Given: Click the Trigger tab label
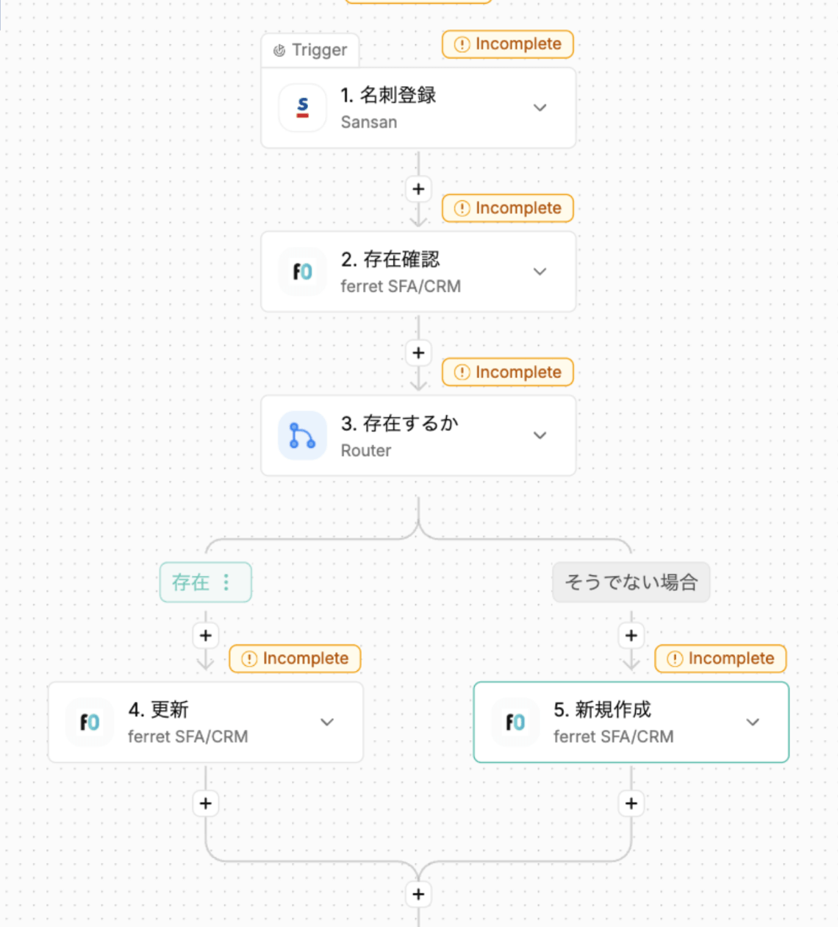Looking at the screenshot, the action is point(310,50).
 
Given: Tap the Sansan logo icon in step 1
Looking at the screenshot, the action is point(302,107).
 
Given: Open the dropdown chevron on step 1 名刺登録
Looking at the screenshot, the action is point(540,107).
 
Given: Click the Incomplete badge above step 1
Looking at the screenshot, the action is point(507,44).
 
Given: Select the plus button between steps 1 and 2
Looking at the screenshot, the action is point(418,189).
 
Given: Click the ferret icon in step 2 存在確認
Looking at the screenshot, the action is point(302,271).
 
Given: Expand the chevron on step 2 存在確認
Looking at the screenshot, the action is point(540,271).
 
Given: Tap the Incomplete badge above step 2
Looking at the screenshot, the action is point(507,208).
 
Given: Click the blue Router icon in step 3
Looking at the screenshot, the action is point(302,436).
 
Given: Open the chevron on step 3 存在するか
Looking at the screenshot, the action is point(540,436).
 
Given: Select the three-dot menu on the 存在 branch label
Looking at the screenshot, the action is point(226,582).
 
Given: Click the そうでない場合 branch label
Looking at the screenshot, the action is point(631,582).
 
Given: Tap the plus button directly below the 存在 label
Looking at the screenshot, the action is point(206,636).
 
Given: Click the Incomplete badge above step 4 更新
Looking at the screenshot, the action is point(295,658).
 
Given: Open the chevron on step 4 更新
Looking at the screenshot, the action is point(327,722).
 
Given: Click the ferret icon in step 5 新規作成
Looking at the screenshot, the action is point(515,722).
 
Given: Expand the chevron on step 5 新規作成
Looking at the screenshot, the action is point(753,722).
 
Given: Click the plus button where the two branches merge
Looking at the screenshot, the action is point(418,894).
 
